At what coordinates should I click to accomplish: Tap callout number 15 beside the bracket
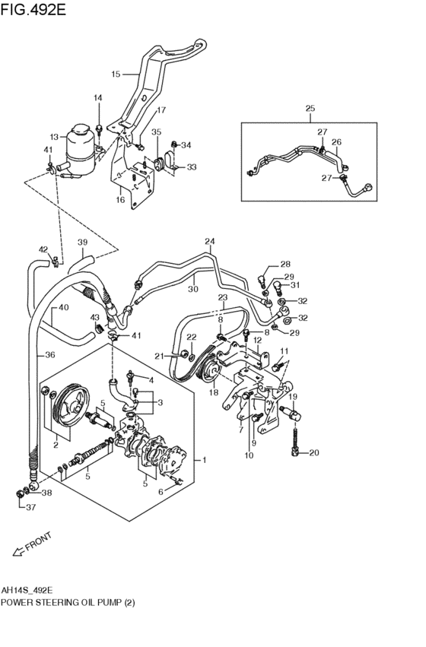116,75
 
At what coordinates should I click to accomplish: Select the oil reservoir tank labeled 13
78,146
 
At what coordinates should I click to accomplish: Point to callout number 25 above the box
310,109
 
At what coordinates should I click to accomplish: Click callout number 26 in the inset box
336,141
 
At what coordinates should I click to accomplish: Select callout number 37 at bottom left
30,508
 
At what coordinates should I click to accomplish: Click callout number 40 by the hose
64,308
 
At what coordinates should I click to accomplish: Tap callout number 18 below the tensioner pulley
213,393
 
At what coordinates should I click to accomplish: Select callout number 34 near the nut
186,145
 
